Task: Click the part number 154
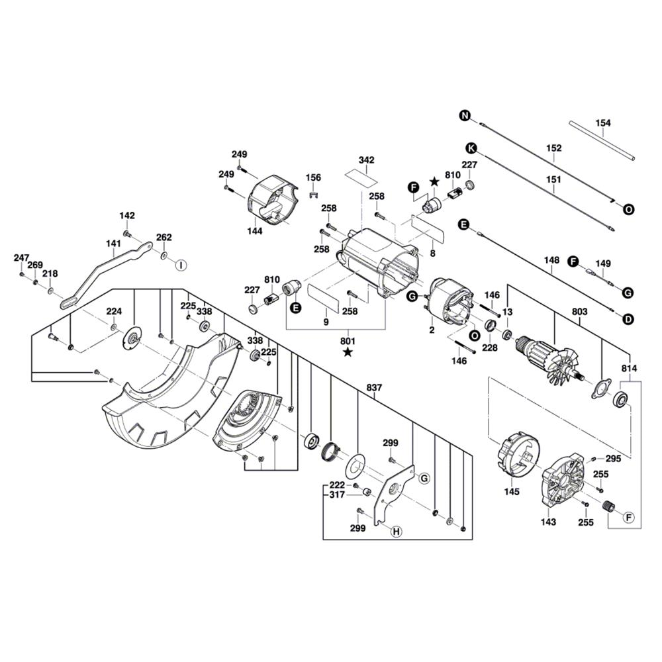point(603,122)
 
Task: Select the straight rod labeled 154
point(602,140)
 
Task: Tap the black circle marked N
point(465,116)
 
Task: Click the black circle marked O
point(628,209)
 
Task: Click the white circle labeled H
point(396,531)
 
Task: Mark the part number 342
point(366,160)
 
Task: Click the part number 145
point(512,492)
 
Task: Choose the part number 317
point(337,495)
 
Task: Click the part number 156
point(313,177)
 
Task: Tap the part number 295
point(613,458)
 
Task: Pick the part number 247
point(21,258)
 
